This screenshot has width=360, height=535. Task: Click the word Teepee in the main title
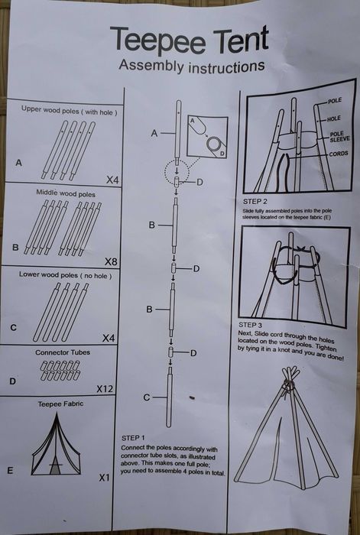(x=157, y=41)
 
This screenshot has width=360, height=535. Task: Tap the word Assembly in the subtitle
(x=151, y=65)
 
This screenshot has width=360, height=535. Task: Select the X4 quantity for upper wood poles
(x=112, y=180)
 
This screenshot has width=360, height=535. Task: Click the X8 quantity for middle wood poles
(x=111, y=261)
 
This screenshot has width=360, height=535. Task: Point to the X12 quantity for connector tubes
(x=105, y=388)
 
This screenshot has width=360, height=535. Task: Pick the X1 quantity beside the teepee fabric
(x=105, y=478)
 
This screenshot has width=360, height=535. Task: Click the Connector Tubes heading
(x=63, y=352)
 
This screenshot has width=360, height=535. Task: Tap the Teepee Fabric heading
(x=60, y=404)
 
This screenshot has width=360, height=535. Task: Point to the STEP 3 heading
(x=251, y=325)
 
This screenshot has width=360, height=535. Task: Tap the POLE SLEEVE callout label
(x=339, y=137)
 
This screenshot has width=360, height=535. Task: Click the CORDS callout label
(x=339, y=154)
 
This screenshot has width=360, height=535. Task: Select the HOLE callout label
(x=334, y=118)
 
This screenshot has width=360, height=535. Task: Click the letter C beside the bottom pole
(x=147, y=397)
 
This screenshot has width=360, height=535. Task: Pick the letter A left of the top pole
(x=154, y=134)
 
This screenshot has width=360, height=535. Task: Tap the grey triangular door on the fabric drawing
(x=55, y=467)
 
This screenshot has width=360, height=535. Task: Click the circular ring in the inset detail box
(x=214, y=144)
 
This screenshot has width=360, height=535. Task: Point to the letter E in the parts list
(x=10, y=471)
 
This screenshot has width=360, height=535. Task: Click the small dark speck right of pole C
(x=192, y=397)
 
